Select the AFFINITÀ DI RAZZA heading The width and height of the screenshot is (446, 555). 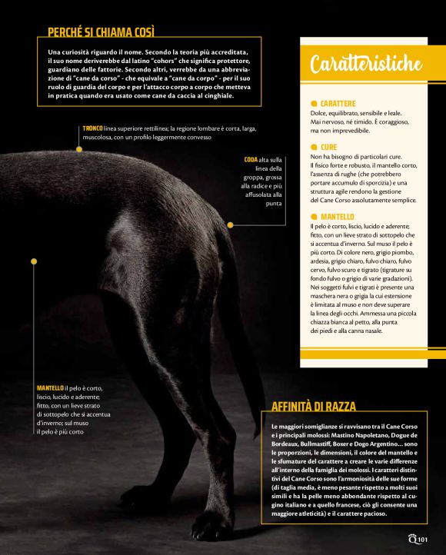314,407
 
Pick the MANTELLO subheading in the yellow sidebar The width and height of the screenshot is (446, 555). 338,217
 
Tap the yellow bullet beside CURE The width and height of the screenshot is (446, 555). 314,146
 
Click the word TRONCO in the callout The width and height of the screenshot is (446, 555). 93,128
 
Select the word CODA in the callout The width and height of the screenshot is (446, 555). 251,159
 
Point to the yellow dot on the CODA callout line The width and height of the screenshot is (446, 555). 230,224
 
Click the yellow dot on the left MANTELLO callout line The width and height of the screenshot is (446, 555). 34,261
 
